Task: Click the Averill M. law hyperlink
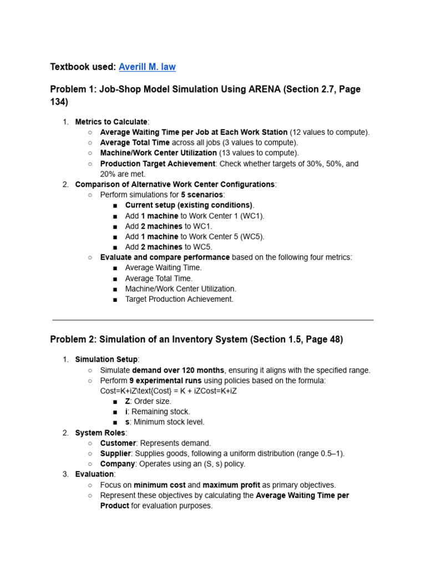pyautogui.click(x=147, y=67)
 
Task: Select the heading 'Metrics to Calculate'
pyautogui.click(x=111, y=121)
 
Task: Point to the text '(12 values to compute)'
pyautogui.click(x=329, y=132)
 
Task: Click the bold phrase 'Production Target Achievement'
pyautogui.click(x=158, y=164)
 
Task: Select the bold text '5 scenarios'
pyautogui.click(x=202, y=195)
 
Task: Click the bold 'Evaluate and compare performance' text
pyautogui.click(x=165, y=257)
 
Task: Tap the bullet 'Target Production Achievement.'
pyautogui.click(x=179, y=299)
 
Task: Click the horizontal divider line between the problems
pyautogui.click(x=213, y=320)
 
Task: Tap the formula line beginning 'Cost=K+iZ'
pyautogui.click(x=169, y=391)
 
